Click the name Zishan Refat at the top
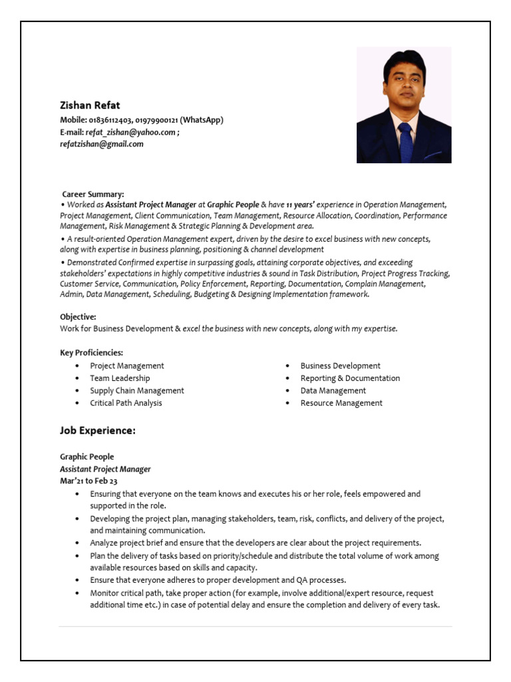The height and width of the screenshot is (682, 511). [x=90, y=105]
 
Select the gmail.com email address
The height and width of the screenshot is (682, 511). [x=102, y=144]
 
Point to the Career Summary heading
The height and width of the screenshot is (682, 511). [x=93, y=194]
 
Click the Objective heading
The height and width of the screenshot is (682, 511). [x=78, y=317]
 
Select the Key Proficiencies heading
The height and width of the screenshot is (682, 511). [x=91, y=352]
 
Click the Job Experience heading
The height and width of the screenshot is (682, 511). [x=98, y=431]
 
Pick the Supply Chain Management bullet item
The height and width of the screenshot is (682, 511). [x=137, y=391]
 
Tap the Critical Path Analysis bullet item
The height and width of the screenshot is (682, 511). [x=126, y=403]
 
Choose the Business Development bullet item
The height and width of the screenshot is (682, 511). [x=340, y=366]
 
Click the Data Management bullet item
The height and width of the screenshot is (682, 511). [x=333, y=391]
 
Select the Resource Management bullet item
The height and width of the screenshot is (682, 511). [x=341, y=403]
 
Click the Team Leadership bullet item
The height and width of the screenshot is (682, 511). [x=120, y=378]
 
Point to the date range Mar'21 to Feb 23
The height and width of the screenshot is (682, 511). [x=88, y=481]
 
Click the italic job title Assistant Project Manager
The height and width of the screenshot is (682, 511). [x=105, y=469]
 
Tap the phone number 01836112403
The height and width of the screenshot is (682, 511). [x=110, y=120]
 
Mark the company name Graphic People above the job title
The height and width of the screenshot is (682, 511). [x=86, y=457]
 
